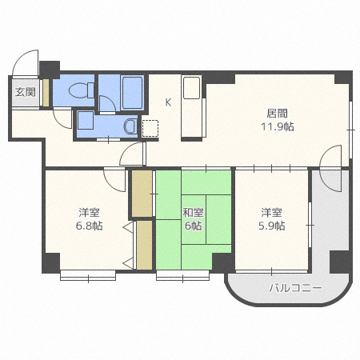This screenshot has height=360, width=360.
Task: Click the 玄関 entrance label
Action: coord(26,92)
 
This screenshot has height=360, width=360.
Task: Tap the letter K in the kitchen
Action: coord(168,102)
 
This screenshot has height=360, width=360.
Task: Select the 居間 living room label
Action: coord(278,114)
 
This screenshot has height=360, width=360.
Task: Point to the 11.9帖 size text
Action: coord(278,126)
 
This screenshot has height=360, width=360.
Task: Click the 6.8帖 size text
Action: coord(89,226)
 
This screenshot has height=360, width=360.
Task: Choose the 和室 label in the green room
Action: coord(193,213)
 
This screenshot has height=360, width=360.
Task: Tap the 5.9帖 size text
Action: coord(272,226)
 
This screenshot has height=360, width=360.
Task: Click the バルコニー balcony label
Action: coord(295,288)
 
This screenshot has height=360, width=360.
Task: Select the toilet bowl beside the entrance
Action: coord(81,90)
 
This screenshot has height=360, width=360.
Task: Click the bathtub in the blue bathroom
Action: coord(132,93)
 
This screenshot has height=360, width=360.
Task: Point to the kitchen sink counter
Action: coord(192,107)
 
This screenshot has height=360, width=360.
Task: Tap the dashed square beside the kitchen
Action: coord(150,128)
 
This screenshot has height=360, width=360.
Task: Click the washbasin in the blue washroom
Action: coord(130,126)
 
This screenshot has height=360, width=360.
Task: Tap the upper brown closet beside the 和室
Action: coord(142,194)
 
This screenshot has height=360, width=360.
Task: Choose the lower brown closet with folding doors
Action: coord(144,245)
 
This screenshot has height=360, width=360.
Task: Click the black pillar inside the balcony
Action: coord(339,262)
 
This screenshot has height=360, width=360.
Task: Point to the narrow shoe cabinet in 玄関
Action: coord(46,93)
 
